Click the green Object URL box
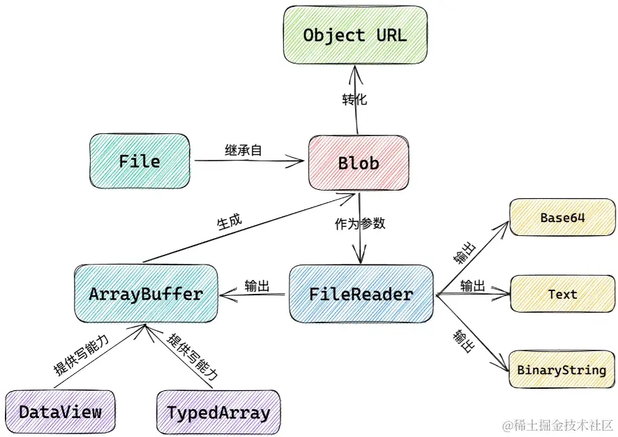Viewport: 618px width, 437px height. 355,35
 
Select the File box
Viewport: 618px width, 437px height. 140,161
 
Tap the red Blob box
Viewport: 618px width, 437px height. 359,163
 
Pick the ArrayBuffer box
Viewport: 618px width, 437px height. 146,293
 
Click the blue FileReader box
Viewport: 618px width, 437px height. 361,294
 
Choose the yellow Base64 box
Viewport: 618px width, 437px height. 562,217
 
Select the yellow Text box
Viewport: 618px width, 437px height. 562,294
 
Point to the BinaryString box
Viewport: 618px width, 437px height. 562,369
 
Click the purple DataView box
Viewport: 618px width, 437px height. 60,412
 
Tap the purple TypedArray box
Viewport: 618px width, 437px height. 219,413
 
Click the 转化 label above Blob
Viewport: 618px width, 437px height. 354,99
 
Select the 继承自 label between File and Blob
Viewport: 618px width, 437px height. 243,150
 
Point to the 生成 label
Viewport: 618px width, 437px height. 229,222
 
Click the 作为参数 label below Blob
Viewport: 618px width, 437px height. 360,223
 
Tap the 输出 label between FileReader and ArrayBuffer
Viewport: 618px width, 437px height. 257,286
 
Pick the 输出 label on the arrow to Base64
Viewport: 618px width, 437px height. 465,253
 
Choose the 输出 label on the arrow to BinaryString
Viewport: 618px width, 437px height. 463,341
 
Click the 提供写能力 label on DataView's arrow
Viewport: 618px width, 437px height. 81,355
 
